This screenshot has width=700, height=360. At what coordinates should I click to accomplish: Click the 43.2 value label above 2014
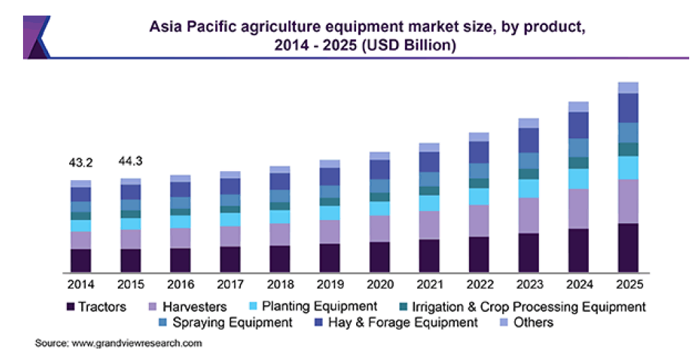click(x=80, y=163)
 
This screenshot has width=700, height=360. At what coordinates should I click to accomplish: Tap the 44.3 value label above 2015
click(x=130, y=161)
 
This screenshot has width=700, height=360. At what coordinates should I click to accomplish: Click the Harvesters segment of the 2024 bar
click(x=578, y=208)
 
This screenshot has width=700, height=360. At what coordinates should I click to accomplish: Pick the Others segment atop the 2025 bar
click(x=628, y=87)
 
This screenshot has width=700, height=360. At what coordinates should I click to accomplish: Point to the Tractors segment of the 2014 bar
click(x=80, y=261)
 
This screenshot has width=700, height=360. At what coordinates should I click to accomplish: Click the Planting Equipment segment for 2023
click(x=529, y=188)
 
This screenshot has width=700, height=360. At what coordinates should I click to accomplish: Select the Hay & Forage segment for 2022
click(x=479, y=152)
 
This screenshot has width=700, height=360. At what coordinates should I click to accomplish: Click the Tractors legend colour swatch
click(x=70, y=307)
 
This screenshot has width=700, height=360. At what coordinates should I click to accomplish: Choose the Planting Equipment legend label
click(x=320, y=307)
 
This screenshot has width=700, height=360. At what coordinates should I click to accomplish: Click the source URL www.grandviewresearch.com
click(x=137, y=344)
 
